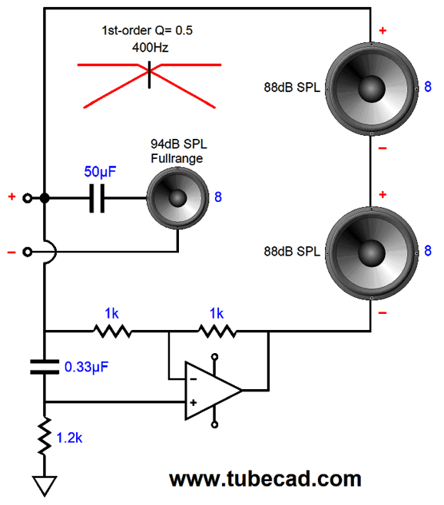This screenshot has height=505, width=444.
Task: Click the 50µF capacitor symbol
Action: [x=97, y=198]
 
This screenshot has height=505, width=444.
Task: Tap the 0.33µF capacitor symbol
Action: [x=45, y=367]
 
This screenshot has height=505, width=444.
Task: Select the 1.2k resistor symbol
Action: [x=45, y=436]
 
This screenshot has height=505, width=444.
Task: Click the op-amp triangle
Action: [x=213, y=391]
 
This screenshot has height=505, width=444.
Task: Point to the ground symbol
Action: [x=45, y=486]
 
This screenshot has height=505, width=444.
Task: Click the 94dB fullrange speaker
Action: [x=177, y=198]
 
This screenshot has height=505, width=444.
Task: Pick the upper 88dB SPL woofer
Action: [x=372, y=88]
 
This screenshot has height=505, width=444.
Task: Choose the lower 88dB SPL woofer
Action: [x=372, y=253]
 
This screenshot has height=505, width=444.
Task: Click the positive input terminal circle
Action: [x=28, y=198]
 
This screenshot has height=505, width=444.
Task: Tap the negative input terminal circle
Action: [x=28, y=252]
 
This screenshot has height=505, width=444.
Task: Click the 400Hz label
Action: [x=150, y=48]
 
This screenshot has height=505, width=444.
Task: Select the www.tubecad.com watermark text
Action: [x=265, y=479]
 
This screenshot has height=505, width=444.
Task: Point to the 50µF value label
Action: [x=100, y=172]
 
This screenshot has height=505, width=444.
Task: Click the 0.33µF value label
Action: [x=86, y=367]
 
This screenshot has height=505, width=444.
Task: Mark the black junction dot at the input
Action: [x=45, y=198]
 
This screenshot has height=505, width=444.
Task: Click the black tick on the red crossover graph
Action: [x=149, y=74]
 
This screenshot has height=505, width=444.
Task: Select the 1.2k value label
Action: [x=69, y=438]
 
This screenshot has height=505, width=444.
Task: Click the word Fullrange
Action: [x=177, y=158]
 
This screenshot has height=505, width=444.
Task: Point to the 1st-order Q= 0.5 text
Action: [x=147, y=30]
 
